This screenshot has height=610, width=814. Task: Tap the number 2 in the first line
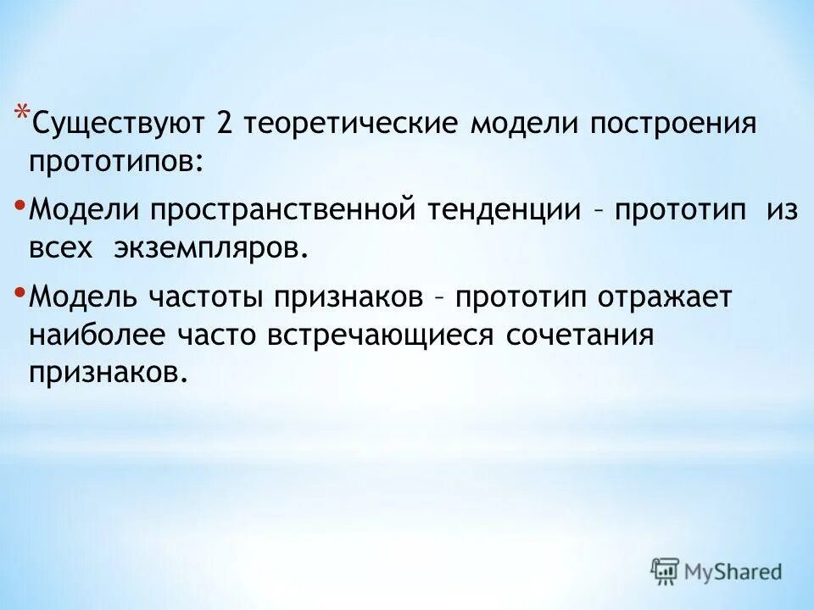tap(225, 125)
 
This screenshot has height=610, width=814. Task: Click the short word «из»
tap(782, 210)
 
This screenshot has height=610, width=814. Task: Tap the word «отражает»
tap(666, 297)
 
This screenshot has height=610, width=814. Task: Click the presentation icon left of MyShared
tap(665, 571)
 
